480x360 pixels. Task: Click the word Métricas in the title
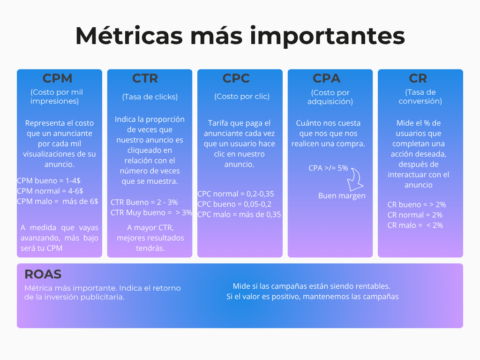pyautogui.click(x=129, y=36)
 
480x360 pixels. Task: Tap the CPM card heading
pyautogui.click(x=58, y=78)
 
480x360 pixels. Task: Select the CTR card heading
pyautogui.click(x=145, y=78)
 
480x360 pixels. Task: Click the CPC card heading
pyautogui.click(x=236, y=78)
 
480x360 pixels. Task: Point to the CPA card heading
pyautogui.click(x=327, y=78)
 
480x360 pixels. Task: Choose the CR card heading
pyautogui.click(x=418, y=78)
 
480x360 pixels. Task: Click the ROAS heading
pyautogui.click(x=43, y=274)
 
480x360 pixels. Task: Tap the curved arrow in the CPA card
pyautogui.click(x=356, y=179)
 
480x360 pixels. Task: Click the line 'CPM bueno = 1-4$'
pyautogui.click(x=49, y=180)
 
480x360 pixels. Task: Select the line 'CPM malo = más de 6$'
pyautogui.click(x=58, y=201)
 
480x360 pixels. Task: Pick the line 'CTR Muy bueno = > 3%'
pyautogui.click(x=151, y=212)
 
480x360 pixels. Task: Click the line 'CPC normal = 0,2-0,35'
pyautogui.click(x=236, y=194)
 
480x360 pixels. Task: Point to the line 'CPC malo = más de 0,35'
pyautogui.click(x=239, y=214)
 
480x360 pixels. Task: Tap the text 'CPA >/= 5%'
pyautogui.click(x=328, y=168)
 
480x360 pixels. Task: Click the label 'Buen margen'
pyautogui.click(x=342, y=196)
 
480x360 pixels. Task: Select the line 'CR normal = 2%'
pyautogui.click(x=415, y=215)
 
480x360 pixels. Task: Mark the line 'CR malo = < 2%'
pyautogui.click(x=415, y=225)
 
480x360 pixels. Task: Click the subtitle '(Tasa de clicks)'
pyautogui.click(x=150, y=97)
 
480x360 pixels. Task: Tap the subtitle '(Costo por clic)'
pyautogui.click(x=242, y=97)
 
